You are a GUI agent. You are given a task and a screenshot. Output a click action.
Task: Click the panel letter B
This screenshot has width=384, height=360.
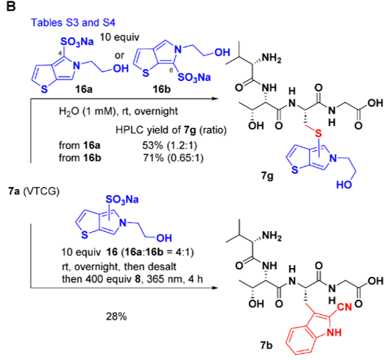(x=11, y=7)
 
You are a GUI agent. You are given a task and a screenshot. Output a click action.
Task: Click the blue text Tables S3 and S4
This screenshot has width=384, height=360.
(x=73, y=23)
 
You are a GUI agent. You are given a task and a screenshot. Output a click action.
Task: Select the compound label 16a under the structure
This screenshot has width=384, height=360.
(x=84, y=89)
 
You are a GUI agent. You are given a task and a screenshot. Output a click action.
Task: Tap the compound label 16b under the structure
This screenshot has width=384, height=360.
(x=162, y=89)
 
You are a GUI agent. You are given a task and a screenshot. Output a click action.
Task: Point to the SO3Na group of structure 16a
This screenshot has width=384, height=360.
(x=77, y=42)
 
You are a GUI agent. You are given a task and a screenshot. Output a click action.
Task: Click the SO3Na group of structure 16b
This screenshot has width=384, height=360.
(x=194, y=77)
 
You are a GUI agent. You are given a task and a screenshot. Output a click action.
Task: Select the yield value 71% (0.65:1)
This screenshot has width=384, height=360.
(x=174, y=158)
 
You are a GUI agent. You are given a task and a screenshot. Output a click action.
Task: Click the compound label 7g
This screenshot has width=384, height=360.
(x=267, y=176)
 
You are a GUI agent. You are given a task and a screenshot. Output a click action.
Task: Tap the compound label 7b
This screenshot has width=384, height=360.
(x=266, y=345)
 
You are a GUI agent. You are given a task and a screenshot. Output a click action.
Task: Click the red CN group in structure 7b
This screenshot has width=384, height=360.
(x=344, y=307)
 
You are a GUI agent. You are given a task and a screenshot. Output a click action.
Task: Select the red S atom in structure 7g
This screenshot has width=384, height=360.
(x=318, y=133)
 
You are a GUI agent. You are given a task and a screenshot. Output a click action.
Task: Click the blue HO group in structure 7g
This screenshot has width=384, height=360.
(x=344, y=185)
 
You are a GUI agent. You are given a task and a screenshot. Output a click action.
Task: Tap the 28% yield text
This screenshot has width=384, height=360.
(x=116, y=317)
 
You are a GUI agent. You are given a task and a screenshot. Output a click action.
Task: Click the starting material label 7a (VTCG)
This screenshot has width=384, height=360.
(x=34, y=191)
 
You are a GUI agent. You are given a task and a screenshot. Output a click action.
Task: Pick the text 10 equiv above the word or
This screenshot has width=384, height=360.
(x=119, y=38)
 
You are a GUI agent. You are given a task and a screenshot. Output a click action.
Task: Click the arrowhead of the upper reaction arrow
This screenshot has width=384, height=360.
(x=215, y=99)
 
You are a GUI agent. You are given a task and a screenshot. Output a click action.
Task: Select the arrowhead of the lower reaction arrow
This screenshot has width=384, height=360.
(x=215, y=288)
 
